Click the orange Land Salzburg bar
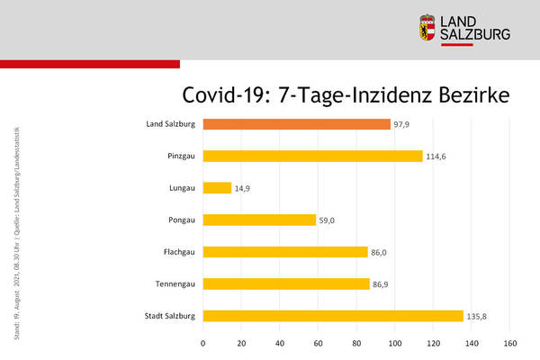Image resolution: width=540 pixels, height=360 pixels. [296, 124]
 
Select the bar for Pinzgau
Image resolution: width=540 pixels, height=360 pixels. [312, 156]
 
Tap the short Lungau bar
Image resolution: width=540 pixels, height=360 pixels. [217, 188]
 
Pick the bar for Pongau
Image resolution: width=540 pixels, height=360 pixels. [259, 220]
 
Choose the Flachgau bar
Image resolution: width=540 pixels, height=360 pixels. [285, 252]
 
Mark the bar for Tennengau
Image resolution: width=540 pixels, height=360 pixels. [286, 283]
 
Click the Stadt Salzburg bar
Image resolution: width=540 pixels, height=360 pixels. [333, 316]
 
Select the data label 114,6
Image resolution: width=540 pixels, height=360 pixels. [437, 157]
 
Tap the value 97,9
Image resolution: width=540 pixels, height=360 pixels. [402, 125]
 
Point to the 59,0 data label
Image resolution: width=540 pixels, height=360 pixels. [329, 220]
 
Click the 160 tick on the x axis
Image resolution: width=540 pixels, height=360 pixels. [510, 343]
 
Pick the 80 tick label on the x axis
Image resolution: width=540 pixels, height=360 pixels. [356, 343]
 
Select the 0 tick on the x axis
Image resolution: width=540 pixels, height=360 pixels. [203, 343]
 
